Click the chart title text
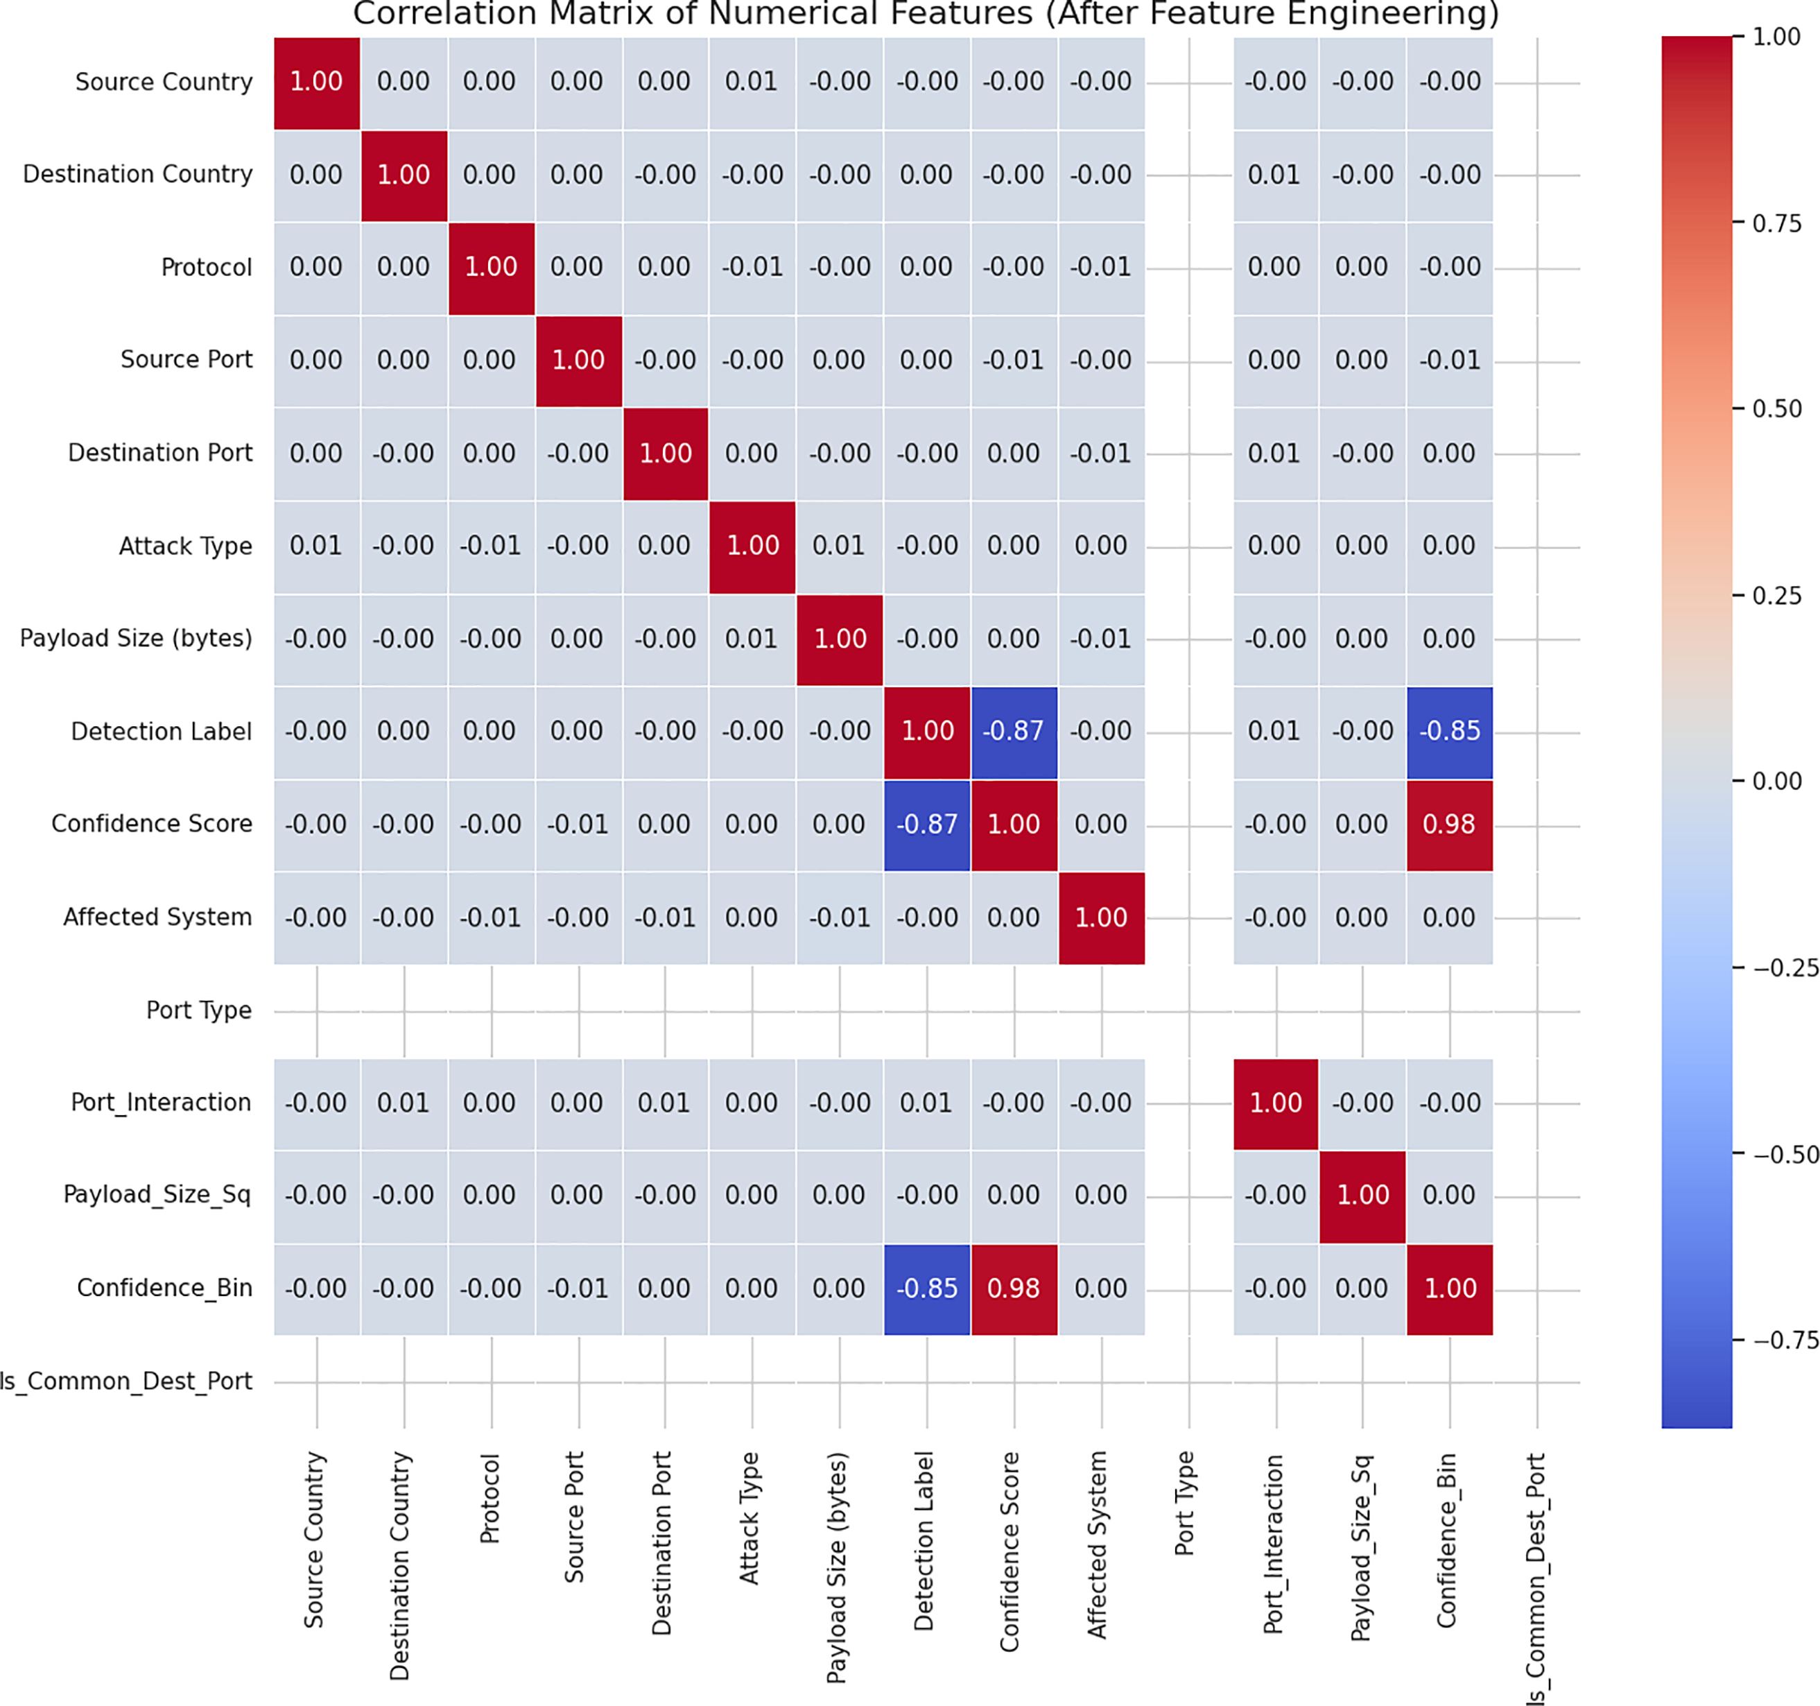pos(926,15)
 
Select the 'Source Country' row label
pos(164,83)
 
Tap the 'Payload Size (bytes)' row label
pos(137,638)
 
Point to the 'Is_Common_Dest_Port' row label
pos(126,1381)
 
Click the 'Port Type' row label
pos(199,1010)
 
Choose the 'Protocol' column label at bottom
pos(491,1497)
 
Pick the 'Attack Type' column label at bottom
pos(751,1517)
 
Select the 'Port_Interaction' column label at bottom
pos(1274,1543)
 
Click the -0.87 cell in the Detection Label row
pos(1014,732)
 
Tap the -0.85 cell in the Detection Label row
pos(1449,732)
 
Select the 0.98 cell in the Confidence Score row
pos(1449,824)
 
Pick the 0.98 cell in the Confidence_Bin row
pos(1014,1289)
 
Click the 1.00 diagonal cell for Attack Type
pos(752,546)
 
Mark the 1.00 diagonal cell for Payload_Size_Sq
pos(1362,1195)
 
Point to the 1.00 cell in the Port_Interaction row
pos(1275,1103)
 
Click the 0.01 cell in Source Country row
pos(751,83)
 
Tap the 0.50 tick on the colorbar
pos(1776,408)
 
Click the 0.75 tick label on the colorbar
pos(1776,223)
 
